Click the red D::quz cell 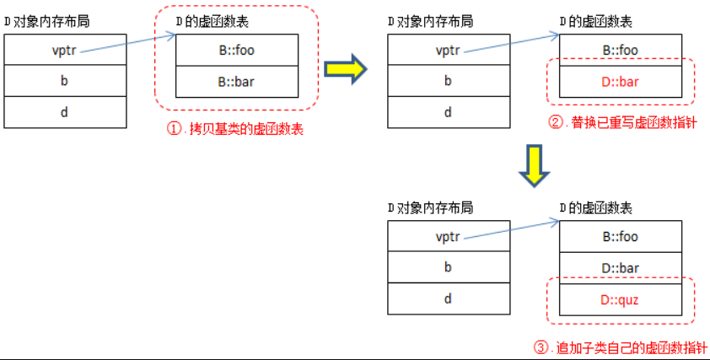click(620, 298)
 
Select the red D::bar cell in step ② click(620, 81)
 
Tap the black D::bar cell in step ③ click(620, 267)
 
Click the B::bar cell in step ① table click(236, 81)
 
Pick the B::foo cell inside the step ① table click(236, 50)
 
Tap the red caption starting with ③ click(620, 346)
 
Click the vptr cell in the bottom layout click(448, 237)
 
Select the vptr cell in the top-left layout click(65, 50)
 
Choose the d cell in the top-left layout click(65, 112)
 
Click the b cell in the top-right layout click(448, 81)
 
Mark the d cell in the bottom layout click(448, 298)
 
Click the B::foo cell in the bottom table click(620, 237)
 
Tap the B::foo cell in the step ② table click(620, 50)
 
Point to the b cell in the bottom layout click(448, 267)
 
